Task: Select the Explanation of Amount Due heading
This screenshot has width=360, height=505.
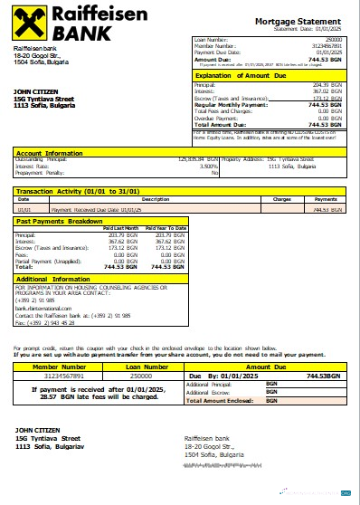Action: [242, 76]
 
